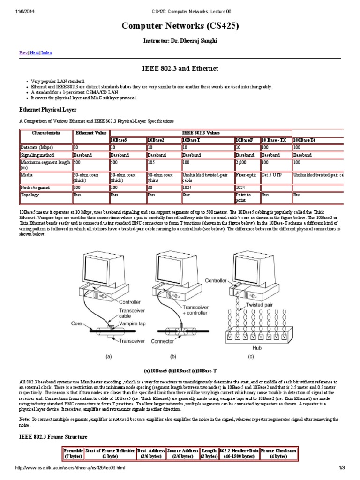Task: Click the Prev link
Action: [x=23, y=53]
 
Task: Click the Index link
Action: [x=47, y=53]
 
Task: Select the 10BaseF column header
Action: [x=245, y=140]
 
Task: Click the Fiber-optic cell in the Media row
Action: [x=247, y=174]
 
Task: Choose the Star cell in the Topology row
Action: [x=187, y=194]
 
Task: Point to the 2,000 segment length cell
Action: [x=242, y=162]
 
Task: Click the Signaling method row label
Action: [x=37, y=155]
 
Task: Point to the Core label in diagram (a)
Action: [x=76, y=323]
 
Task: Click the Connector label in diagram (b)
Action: [x=163, y=342]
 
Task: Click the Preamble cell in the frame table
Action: [x=73, y=453]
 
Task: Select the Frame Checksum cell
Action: [x=278, y=453]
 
